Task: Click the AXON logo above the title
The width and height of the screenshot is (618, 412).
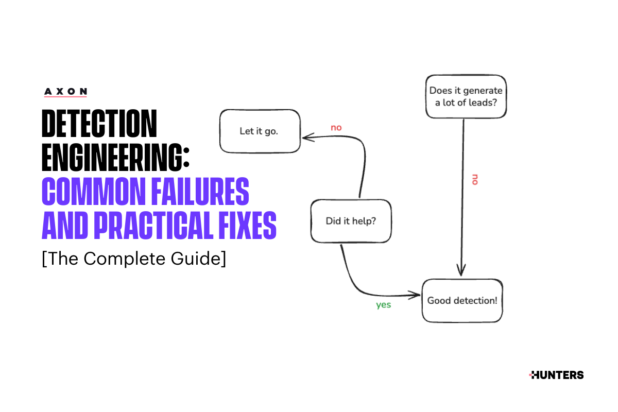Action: click(x=66, y=92)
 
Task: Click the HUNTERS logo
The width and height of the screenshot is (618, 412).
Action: click(x=556, y=375)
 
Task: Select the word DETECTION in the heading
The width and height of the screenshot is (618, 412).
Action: click(x=99, y=124)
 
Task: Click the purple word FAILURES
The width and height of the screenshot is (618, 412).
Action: click(x=200, y=191)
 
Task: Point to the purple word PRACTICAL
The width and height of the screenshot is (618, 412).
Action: click(x=153, y=225)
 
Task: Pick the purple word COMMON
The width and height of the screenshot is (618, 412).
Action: click(x=94, y=191)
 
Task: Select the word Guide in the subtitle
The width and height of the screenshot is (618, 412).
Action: click(x=196, y=259)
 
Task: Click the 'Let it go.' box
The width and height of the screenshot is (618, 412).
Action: click(x=260, y=131)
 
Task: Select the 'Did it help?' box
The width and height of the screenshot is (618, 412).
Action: click(x=351, y=221)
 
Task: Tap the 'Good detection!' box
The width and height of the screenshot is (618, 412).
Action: click(x=462, y=301)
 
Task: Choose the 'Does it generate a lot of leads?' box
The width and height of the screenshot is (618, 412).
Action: click(x=466, y=96)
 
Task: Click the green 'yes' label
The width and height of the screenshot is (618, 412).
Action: click(x=384, y=305)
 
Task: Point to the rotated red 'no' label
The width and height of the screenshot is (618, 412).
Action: click(x=475, y=179)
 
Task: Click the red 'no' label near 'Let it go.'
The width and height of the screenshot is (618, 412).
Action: click(x=336, y=128)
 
